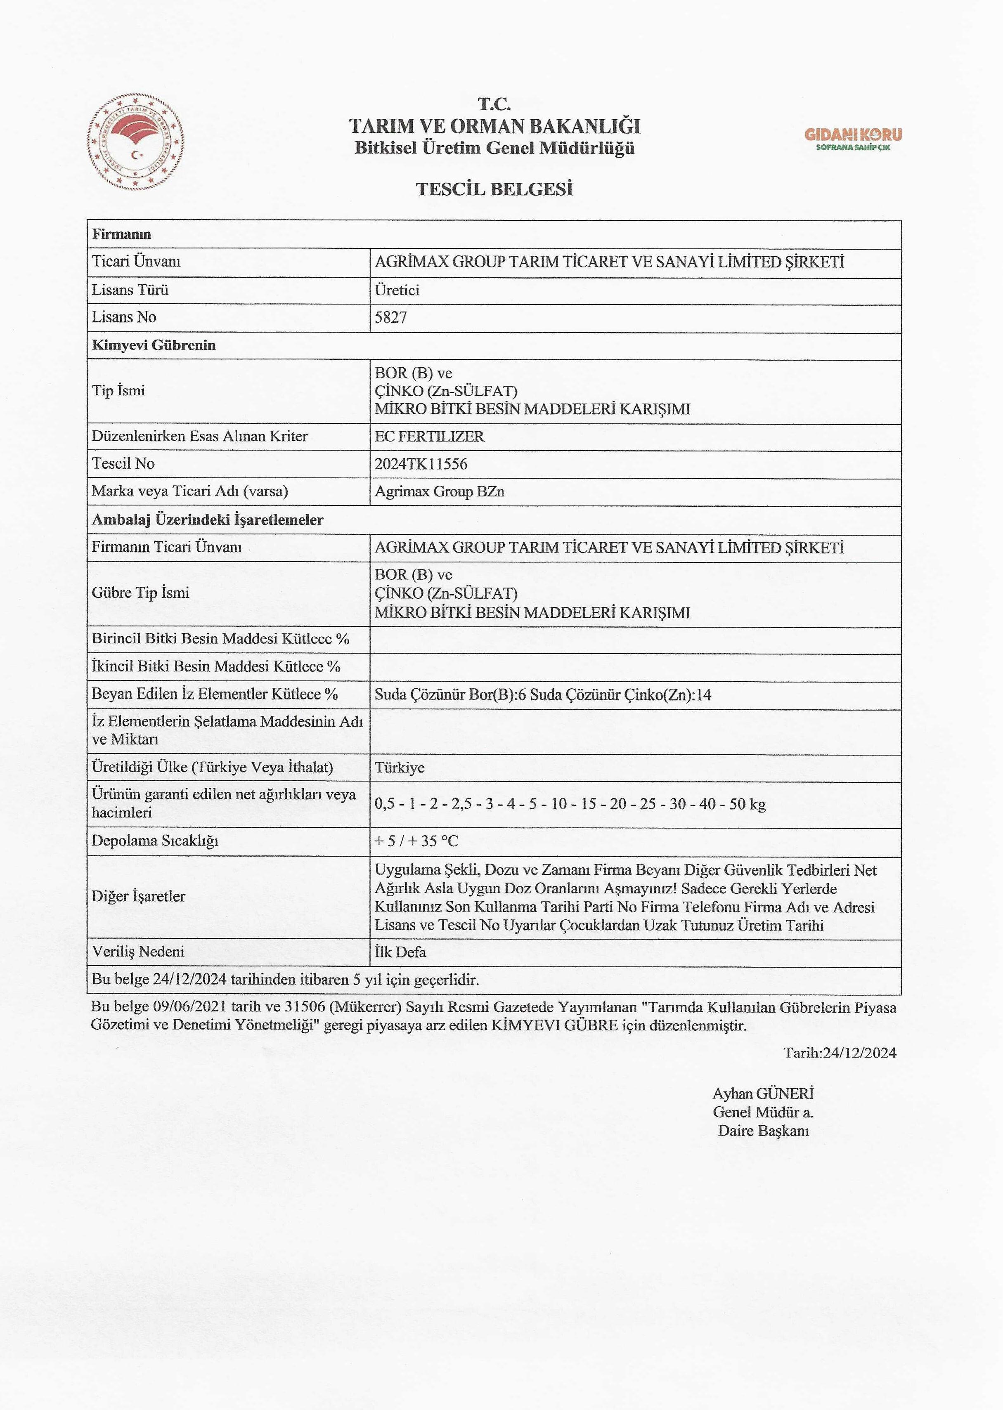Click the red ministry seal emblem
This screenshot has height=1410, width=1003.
135,142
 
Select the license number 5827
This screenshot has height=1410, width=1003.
391,318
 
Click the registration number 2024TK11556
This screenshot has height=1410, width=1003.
421,464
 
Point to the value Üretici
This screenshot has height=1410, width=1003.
397,290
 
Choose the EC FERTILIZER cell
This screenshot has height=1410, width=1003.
429,437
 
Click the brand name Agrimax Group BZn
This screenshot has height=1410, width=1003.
439,492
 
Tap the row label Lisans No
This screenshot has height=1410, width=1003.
124,317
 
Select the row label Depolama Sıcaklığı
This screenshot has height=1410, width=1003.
155,841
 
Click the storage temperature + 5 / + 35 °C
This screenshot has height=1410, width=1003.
416,841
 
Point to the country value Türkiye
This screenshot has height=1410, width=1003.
400,768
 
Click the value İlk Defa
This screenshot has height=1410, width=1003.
400,952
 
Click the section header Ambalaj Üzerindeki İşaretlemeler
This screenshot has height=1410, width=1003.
208,520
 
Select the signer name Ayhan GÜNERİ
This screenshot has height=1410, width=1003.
763,1094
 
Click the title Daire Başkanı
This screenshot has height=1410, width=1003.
763,1131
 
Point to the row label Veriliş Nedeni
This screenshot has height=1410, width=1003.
138,952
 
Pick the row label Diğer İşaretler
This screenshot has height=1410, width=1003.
138,896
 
